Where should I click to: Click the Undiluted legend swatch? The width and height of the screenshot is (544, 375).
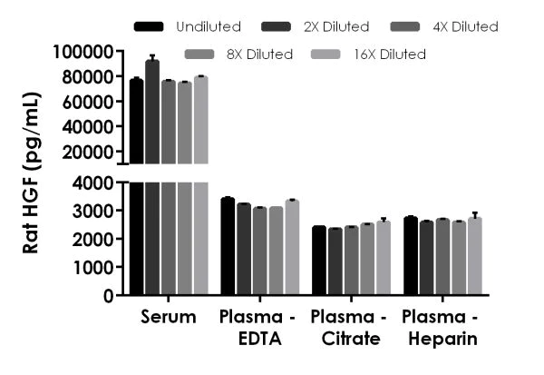[148, 26]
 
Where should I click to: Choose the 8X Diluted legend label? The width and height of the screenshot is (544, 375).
[260, 54]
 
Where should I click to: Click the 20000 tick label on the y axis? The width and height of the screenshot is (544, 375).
[88, 152]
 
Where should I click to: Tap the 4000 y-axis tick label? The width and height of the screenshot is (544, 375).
[95, 183]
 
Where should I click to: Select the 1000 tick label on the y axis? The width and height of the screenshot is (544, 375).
[95, 267]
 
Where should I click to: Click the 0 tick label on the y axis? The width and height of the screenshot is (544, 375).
[108, 295]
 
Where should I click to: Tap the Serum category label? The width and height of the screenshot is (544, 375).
[168, 318]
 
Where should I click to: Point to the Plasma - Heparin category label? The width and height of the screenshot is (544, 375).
[441, 328]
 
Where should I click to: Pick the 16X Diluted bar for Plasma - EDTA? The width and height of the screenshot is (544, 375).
[291, 248]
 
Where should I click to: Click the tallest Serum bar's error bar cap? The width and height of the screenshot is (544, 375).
[152, 55]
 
